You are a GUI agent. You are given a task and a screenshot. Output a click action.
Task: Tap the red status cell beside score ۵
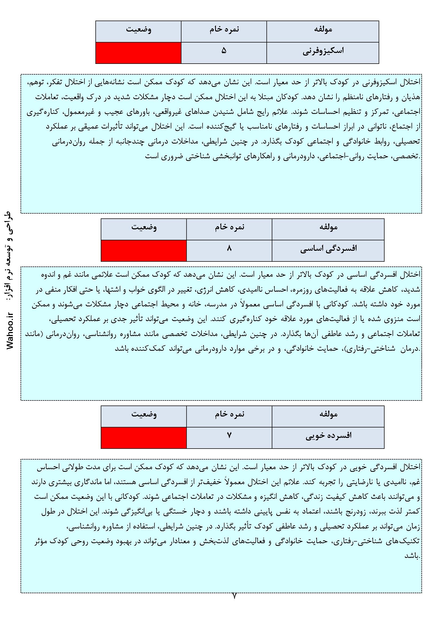click(x=138, y=53)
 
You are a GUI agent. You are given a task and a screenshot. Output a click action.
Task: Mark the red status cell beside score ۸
click(x=144, y=250)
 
